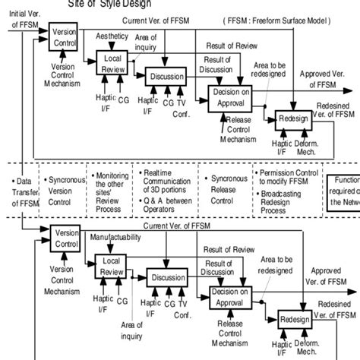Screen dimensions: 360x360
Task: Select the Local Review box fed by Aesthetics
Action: coord(112,63)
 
